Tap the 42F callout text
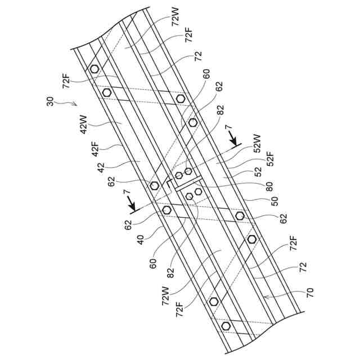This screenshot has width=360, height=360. click(95, 148)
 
